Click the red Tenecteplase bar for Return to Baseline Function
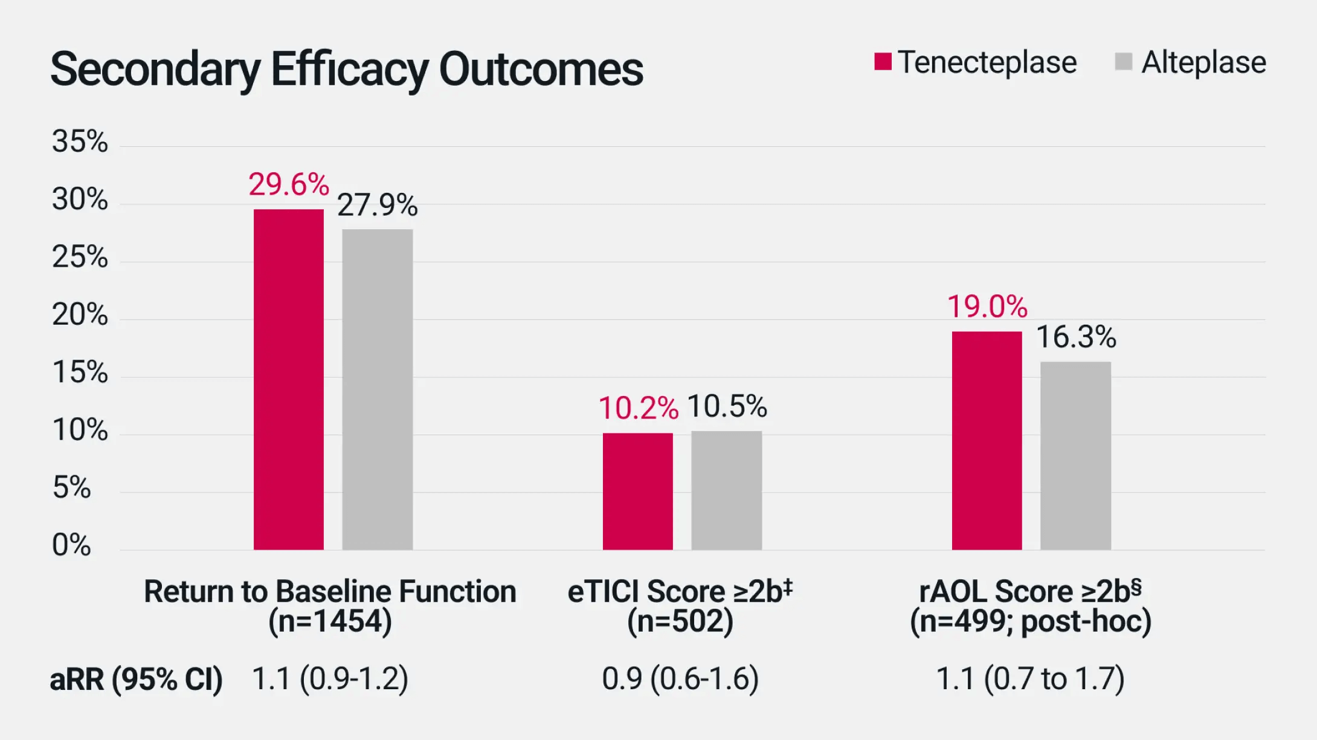point(288,380)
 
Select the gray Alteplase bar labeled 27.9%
point(378,389)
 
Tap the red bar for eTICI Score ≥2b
point(637,491)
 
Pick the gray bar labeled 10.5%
point(726,490)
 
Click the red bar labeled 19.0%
point(987,440)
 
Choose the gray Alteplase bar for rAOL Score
point(1075,455)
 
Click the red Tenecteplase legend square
point(883,62)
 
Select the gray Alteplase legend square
point(1123,62)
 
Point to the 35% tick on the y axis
point(80,141)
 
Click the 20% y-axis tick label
point(80,314)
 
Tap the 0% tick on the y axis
point(71,545)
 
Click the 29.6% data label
point(289,184)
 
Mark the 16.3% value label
point(1076,337)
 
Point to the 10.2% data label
point(638,407)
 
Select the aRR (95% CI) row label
point(137,679)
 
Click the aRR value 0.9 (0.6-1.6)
point(680,678)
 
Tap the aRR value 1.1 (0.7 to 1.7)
point(1030,678)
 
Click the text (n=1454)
point(330,621)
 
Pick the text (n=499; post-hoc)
point(1030,621)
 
